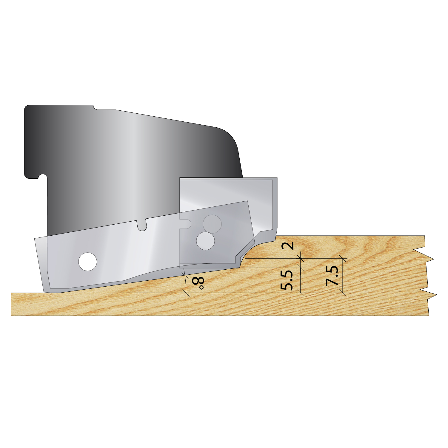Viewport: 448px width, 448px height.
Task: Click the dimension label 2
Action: pyautogui.click(x=288, y=245)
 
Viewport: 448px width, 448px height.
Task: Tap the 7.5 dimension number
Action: pyautogui.click(x=332, y=276)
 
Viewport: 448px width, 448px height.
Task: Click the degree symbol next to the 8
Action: pyautogui.click(x=201, y=288)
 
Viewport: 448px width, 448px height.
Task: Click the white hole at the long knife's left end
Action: pyautogui.click(x=88, y=262)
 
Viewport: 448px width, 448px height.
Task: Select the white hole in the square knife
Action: pyautogui.click(x=206, y=241)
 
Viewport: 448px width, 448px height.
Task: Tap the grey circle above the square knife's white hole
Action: pyautogui.click(x=212, y=224)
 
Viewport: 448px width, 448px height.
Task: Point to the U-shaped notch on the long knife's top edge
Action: pyautogui.click(x=141, y=225)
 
